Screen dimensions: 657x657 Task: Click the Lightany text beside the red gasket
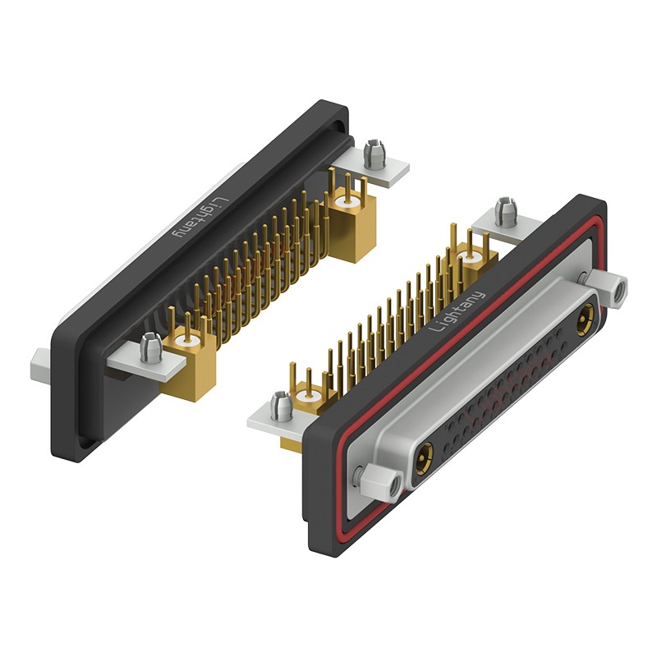pos(457,311)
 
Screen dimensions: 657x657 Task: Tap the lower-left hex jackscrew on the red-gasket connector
pos(379,482)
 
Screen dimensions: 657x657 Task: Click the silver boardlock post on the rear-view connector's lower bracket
pos(152,347)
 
